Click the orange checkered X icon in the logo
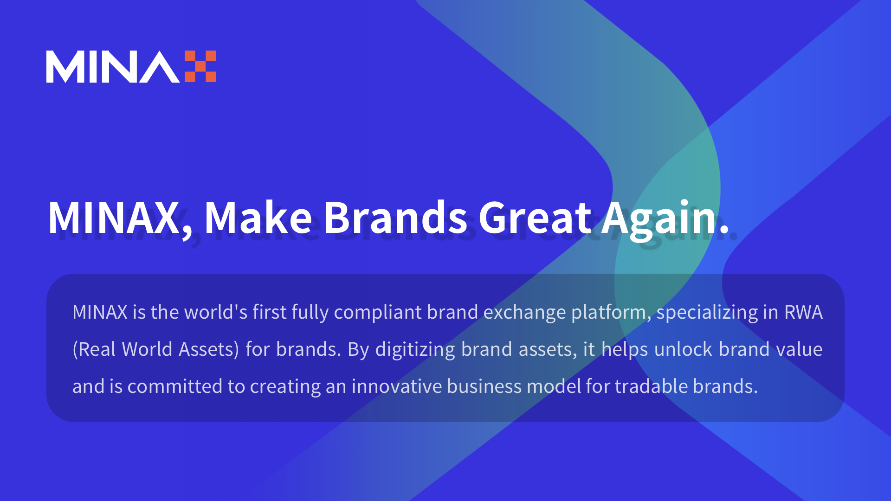(200, 66)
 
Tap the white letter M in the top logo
(64, 67)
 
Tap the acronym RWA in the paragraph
(803, 312)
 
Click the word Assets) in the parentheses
(209, 350)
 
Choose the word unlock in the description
(683, 349)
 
